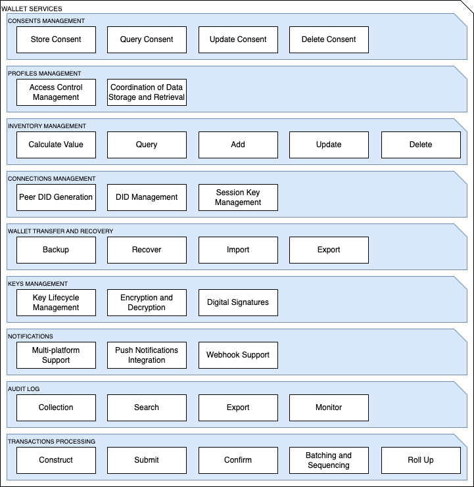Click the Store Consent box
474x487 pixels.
tap(57, 39)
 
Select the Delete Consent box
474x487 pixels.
tap(329, 39)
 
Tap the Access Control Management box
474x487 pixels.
tap(57, 92)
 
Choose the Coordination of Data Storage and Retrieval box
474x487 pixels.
tap(147, 92)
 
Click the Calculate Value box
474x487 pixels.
tap(57, 145)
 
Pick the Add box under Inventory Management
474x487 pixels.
tap(238, 145)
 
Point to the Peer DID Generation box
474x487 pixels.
tap(57, 198)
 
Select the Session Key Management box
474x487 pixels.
tap(238, 198)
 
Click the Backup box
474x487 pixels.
tap(57, 250)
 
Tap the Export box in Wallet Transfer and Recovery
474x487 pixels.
tap(329, 250)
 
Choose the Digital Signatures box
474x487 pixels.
tap(238, 302)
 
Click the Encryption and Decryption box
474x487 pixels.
tap(147, 302)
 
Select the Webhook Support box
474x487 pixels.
tap(238, 356)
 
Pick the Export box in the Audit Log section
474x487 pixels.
tap(238, 407)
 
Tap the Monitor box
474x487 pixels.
tap(329, 407)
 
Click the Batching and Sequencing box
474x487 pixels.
tap(329, 460)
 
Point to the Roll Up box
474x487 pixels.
tap(421, 460)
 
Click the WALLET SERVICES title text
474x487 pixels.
tap(32, 9)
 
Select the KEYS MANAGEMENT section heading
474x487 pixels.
tap(37, 283)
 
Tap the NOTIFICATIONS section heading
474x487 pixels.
tap(30, 336)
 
